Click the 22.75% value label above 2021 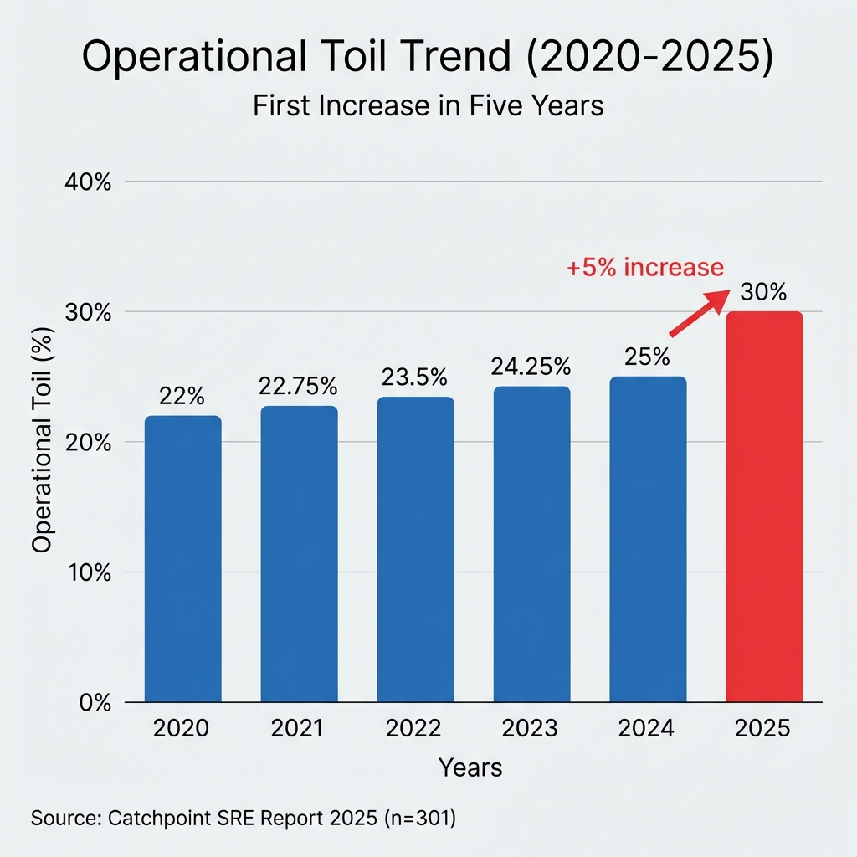coord(299,387)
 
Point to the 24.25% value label coord(531,367)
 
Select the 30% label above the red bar coord(763,293)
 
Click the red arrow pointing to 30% coord(696,315)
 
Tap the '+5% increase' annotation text coord(644,267)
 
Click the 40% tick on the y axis coord(88,182)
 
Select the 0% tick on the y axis coord(92,703)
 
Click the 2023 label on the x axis coord(531,729)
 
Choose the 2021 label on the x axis coord(299,729)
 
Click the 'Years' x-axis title coord(471,767)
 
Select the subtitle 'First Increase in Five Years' coord(428,107)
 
